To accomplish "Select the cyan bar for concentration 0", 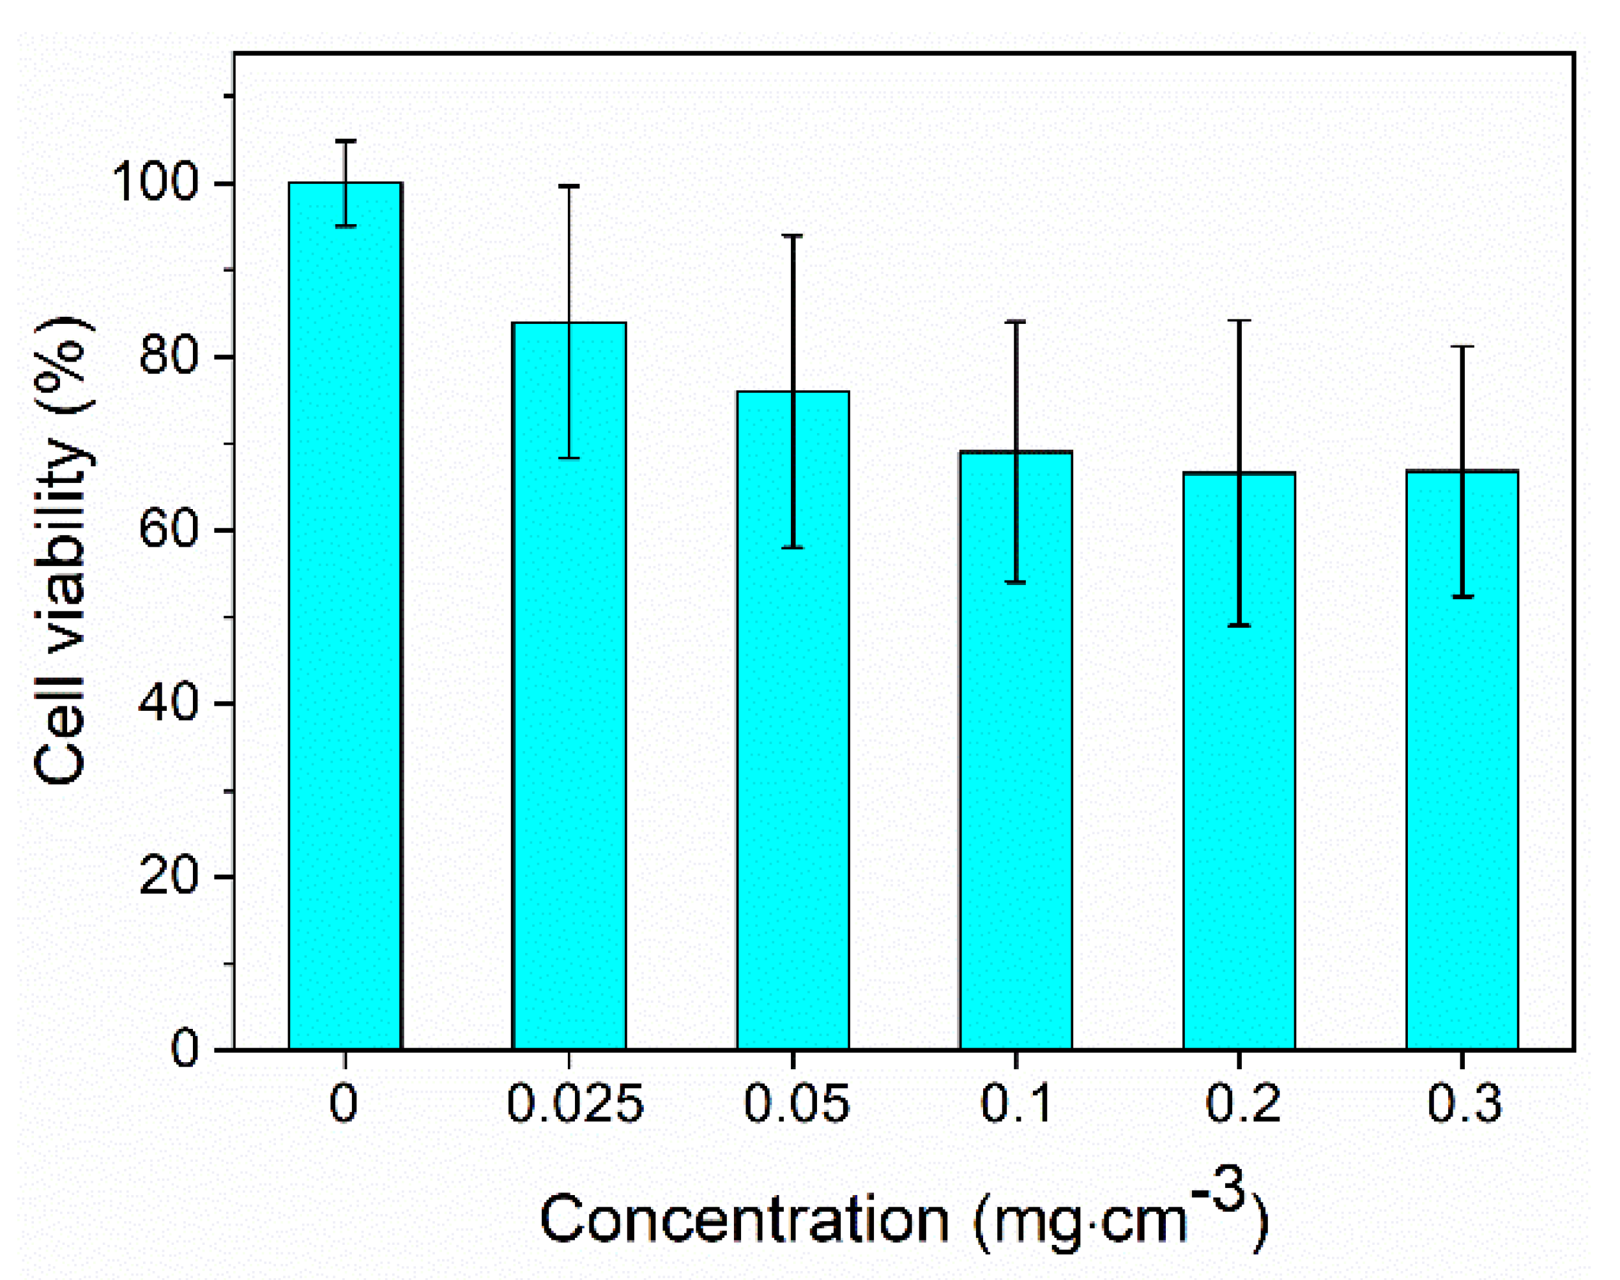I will click(346, 614).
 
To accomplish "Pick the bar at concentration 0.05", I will click(793, 719).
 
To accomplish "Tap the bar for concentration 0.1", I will click(1016, 749).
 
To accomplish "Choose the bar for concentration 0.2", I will click(1239, 761).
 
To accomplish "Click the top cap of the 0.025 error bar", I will click(569, 186).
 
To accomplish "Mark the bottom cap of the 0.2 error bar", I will click(1239, 625).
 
